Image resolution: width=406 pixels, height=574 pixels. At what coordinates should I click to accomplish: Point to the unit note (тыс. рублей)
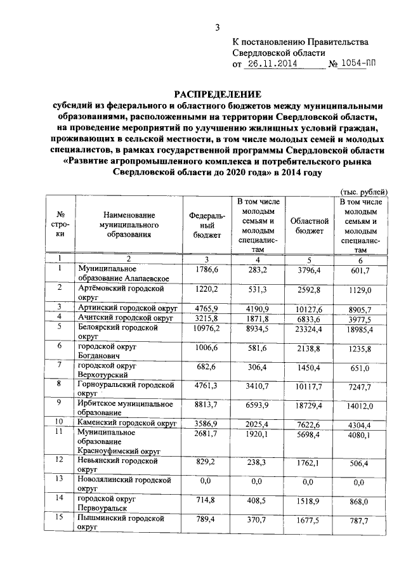click(x=361, y=192)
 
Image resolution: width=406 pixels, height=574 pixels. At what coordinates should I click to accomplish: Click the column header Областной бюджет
click(x=309, y=226)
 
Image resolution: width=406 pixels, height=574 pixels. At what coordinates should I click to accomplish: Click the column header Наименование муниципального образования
click(x=128, y=226)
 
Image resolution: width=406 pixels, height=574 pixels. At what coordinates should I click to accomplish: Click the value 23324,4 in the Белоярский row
click(x=309, y=330)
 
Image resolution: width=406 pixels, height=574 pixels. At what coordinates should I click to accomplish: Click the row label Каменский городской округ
click(x=126, y=422)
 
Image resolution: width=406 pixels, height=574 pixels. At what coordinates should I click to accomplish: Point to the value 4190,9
click(x=258, y=308)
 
